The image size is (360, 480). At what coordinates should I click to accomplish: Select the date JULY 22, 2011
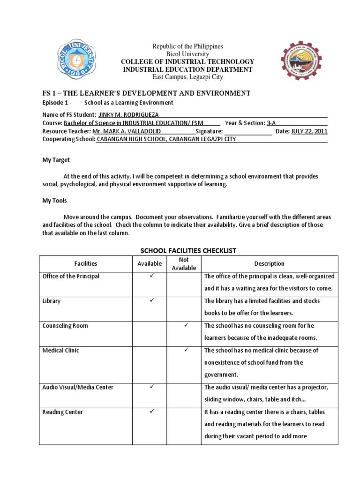309,131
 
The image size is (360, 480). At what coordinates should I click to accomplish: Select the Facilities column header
85,264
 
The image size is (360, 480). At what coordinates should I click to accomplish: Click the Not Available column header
184,264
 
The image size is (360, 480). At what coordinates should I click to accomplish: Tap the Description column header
269,264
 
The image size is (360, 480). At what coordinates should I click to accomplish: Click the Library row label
52,301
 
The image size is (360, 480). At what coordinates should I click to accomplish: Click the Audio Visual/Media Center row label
78,387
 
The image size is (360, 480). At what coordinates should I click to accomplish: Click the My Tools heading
55,201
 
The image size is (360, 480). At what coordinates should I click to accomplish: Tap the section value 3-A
271,123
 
